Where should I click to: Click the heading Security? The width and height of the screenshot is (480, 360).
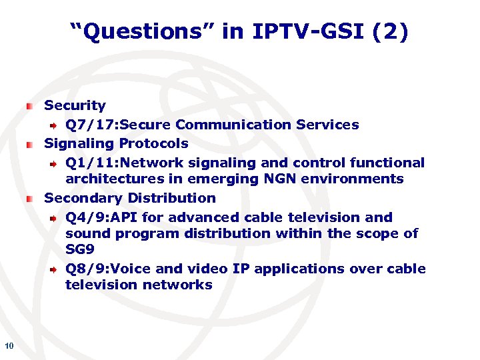pyautogui.click(x=75, y=105)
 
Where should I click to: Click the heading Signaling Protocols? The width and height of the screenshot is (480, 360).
pyautogui.click(x=116, y=143)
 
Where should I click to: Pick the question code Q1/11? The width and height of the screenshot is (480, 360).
pyautogui.click(x=85, y=163)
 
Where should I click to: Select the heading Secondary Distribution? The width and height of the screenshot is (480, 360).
pyautogui.click(x=130, y=198)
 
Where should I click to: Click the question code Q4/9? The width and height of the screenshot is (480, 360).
pyautogui.click(x=81, y=217)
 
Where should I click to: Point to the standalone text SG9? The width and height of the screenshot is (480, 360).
pyautogui.click(x=79, y=249)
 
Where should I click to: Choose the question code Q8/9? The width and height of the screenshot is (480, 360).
pyautogui.click(x=81, y=269)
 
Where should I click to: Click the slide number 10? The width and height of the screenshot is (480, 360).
pyautogui.click(x=9, y=345)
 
